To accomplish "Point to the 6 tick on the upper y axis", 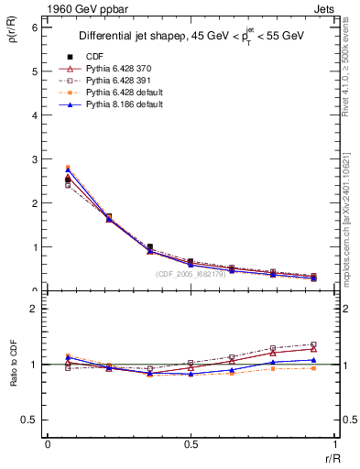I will pos(34,27).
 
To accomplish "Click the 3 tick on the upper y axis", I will pos(34,159).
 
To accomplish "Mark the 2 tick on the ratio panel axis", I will pos(34,310).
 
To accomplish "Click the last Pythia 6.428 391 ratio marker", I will pos(314,344).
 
